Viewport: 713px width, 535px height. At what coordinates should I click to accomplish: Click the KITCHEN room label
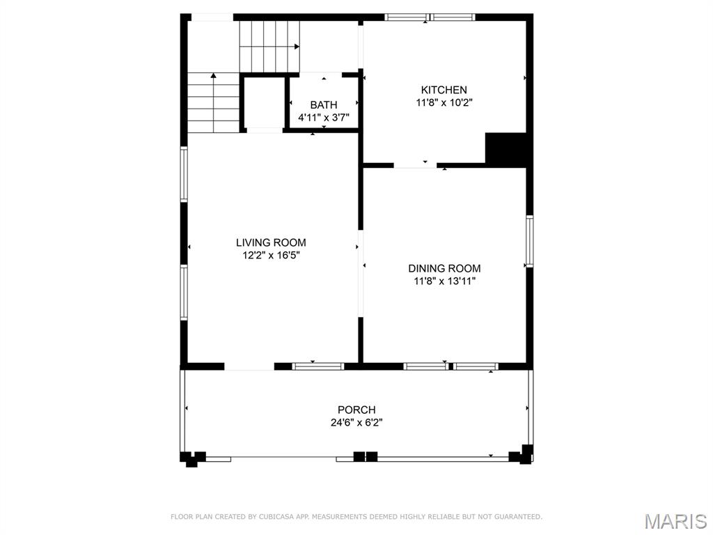pos(444,90)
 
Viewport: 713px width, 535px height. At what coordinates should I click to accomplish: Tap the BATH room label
pos(324,105)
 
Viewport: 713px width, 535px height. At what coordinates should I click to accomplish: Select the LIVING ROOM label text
pos(271,242)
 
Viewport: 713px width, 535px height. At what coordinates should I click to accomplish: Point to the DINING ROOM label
pos(444,268)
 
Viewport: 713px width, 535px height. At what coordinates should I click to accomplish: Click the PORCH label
pos(356,410)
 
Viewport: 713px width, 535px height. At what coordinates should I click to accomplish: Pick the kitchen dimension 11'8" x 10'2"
pos(444,103)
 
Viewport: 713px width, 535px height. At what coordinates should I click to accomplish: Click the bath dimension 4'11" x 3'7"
pos(324,118)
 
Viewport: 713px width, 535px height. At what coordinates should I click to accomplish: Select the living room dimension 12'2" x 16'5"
pos(271,255)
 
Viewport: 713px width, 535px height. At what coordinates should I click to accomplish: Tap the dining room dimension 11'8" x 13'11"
pos(444,281)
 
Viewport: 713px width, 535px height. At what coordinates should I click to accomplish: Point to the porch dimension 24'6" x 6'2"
pos(356,423)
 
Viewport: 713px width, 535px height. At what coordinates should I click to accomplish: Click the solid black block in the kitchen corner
pos(506,150)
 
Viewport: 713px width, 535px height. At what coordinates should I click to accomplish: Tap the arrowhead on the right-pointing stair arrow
pos(297,47)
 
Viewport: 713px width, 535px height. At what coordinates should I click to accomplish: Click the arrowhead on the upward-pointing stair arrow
pos(213,75)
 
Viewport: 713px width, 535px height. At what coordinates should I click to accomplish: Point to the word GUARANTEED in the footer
pos(518,517)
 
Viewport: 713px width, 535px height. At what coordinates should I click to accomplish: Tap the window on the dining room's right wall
pos(530,241)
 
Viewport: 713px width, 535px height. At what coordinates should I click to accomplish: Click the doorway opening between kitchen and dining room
pos(415,166)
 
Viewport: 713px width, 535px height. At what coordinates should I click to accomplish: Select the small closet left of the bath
pos(265,103)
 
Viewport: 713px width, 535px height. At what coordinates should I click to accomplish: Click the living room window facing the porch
pos(318,366)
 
